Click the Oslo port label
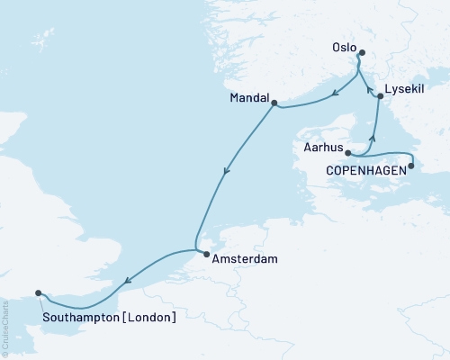(344, 48)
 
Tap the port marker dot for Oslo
(361, 54)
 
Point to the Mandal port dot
(274, 102)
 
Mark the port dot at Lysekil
(380, 96)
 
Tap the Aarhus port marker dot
(348, 154)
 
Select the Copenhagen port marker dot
(411, 165)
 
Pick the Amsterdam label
(240, 258)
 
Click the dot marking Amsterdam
(206, 256)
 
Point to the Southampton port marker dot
(38, 292)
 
